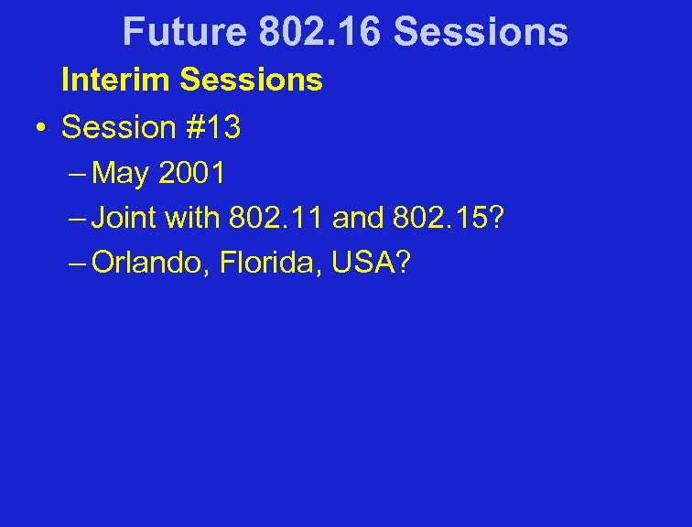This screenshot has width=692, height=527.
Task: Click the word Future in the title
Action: pyautogui.click(x=184, y=32)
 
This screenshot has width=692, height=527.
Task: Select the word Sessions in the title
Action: pyautogui.click(x=481, y=32)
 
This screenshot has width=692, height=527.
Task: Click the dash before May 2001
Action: pyautogui.click(x=78, y=173)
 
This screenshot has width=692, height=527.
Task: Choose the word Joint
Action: pyautogui.click(x=124, y=219)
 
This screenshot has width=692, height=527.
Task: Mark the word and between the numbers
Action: pyautogui.click(x=361, y=219)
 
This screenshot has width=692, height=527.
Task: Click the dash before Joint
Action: pyautogui.click(x=78, y=219)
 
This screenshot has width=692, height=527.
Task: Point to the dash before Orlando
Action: pyautogui.click(x=78, y=264)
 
